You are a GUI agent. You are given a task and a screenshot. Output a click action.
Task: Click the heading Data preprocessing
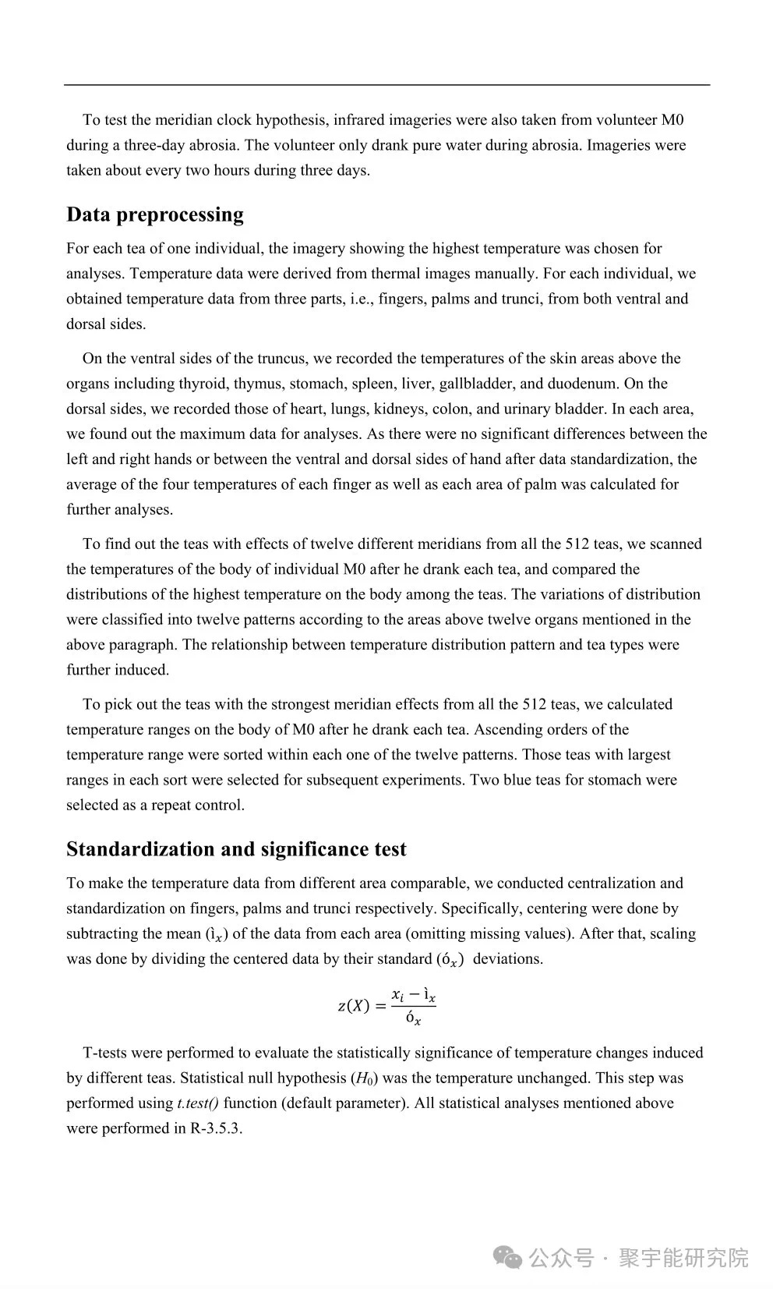click(x=154, y=214)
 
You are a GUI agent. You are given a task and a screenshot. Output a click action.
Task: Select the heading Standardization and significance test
click(x=236, y=849)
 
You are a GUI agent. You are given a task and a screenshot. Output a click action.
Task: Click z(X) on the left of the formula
click(x=353, y=1006)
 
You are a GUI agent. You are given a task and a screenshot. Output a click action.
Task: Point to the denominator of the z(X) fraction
click(x=413, y=1018)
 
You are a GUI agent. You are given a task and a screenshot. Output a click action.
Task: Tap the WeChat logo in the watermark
click(x=508, y=1257)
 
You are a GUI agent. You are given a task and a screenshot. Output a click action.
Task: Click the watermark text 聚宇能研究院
click(x=683, y=1258)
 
